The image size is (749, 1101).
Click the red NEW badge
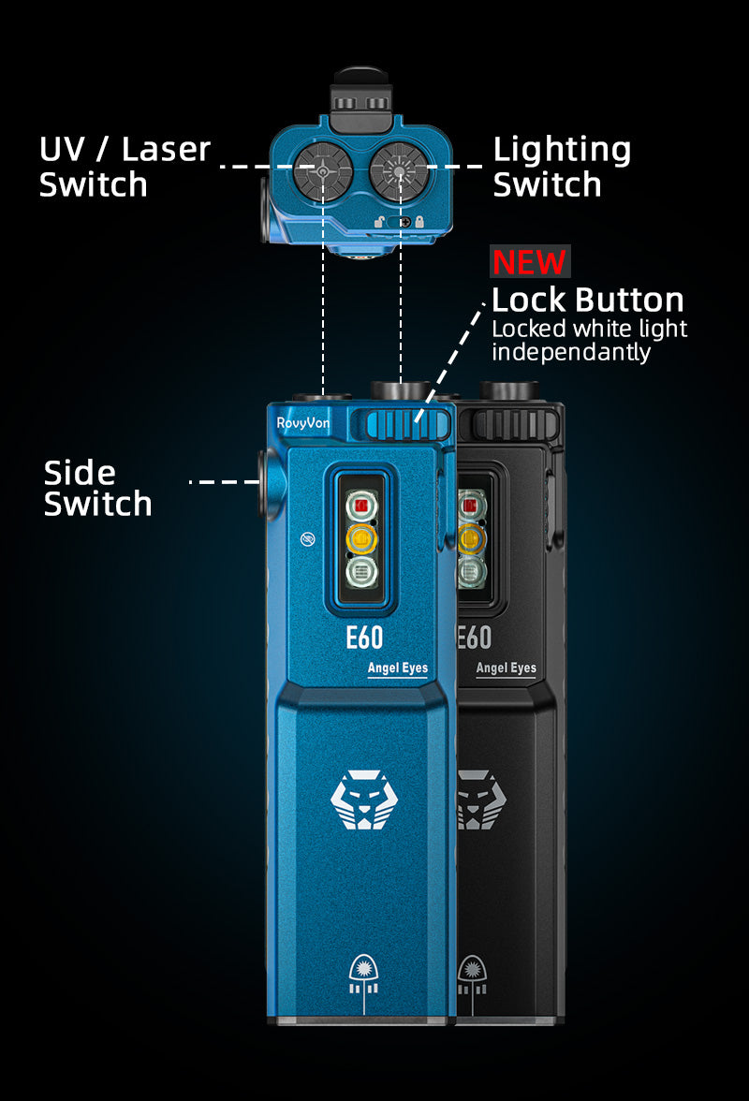[x=529, y=262]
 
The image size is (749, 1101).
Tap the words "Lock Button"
[x=587, y=301]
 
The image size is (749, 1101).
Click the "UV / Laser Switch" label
[x=125, y=167]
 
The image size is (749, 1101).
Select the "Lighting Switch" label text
[x=562, y=167]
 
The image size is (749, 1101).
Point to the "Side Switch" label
[x=97, y=488]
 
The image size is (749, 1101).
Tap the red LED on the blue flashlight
[x=360, y=506]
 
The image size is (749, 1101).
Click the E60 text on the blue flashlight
[x=364, y=638]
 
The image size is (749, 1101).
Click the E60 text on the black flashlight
[x=474, y=638]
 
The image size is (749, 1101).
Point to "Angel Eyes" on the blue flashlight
[x=397, y=668]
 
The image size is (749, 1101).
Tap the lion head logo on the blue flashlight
[x=360, y=800]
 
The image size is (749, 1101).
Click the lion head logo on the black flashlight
[x=474, y=801]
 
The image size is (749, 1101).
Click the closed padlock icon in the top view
[x=421, y=222]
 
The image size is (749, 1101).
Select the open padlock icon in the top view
[x=379, y=222]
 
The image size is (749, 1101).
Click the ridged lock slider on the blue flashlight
[x=400, y=424]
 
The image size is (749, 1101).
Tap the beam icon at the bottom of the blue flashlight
[x=360, y=977]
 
